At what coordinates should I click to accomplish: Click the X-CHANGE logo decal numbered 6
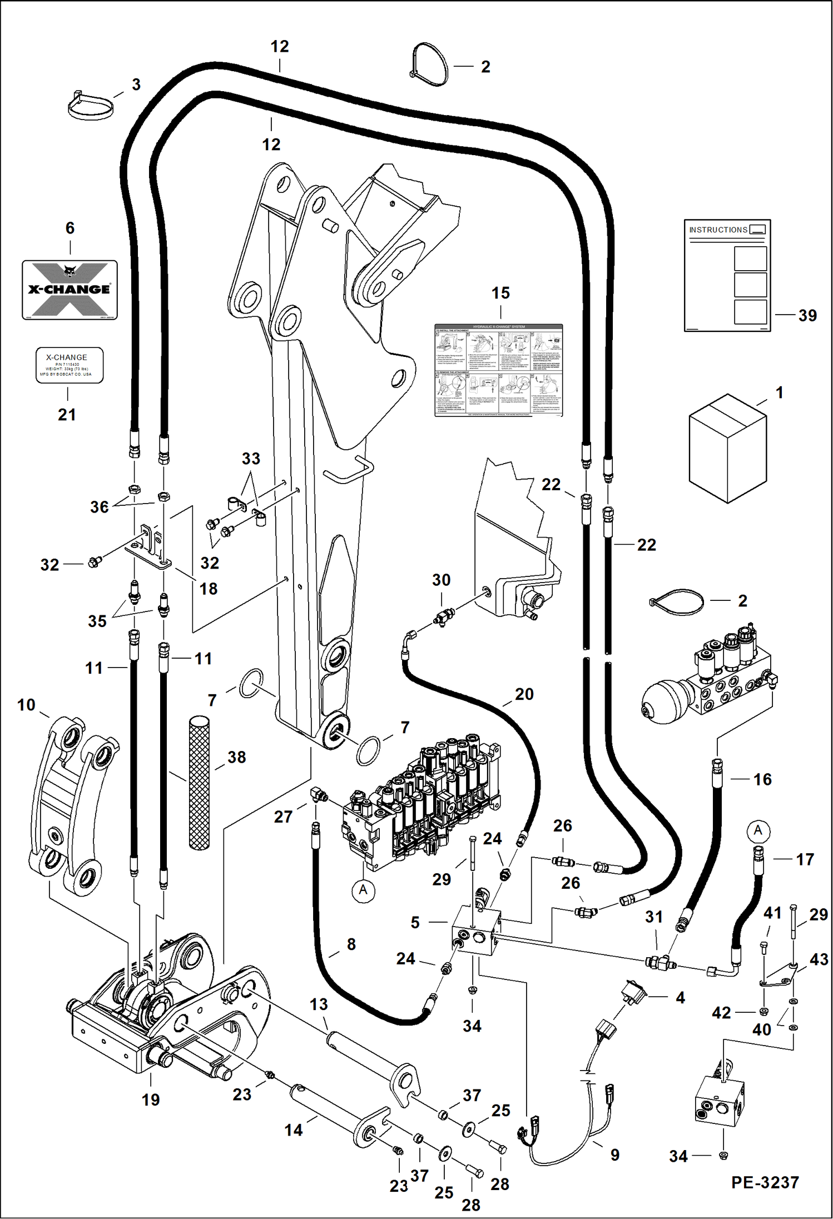pyautogui.click(x=70, y=290)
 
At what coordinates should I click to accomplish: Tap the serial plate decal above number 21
pyautogui.click(x=70, y=365)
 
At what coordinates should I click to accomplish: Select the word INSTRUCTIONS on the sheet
pyautogui.click(x=718, y=230)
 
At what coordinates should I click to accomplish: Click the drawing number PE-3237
pyautogui.click(x=765, y=1182)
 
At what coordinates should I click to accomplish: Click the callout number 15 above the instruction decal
pyautogui.click(x=500, y=293)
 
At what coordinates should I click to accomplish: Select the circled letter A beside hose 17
pyautogui.click(x=758, y=831)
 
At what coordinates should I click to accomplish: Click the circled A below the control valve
pyautogui.click(x=363, y=890)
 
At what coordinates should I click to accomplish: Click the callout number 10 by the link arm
pyautogui.click(x=26, y=705)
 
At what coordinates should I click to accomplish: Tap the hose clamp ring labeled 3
pyautogui.click(x=90, y=106)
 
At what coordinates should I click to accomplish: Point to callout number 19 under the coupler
pyautogui.click(x=151, y=1099)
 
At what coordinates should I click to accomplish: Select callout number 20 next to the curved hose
pyautogui.click(x=524, y=694)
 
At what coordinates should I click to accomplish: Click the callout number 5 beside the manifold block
pyautogui.click(x=415, y=923)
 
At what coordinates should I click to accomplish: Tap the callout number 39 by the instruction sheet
pyautogui.click(x=807, y=315)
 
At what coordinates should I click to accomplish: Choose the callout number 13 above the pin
pyautogui.click(x=319, y=1004)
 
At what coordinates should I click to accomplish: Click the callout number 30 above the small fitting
pyautogui.click(x=441, y=580)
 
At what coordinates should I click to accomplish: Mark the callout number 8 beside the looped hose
pyautogui.click(x=351, y=944)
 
